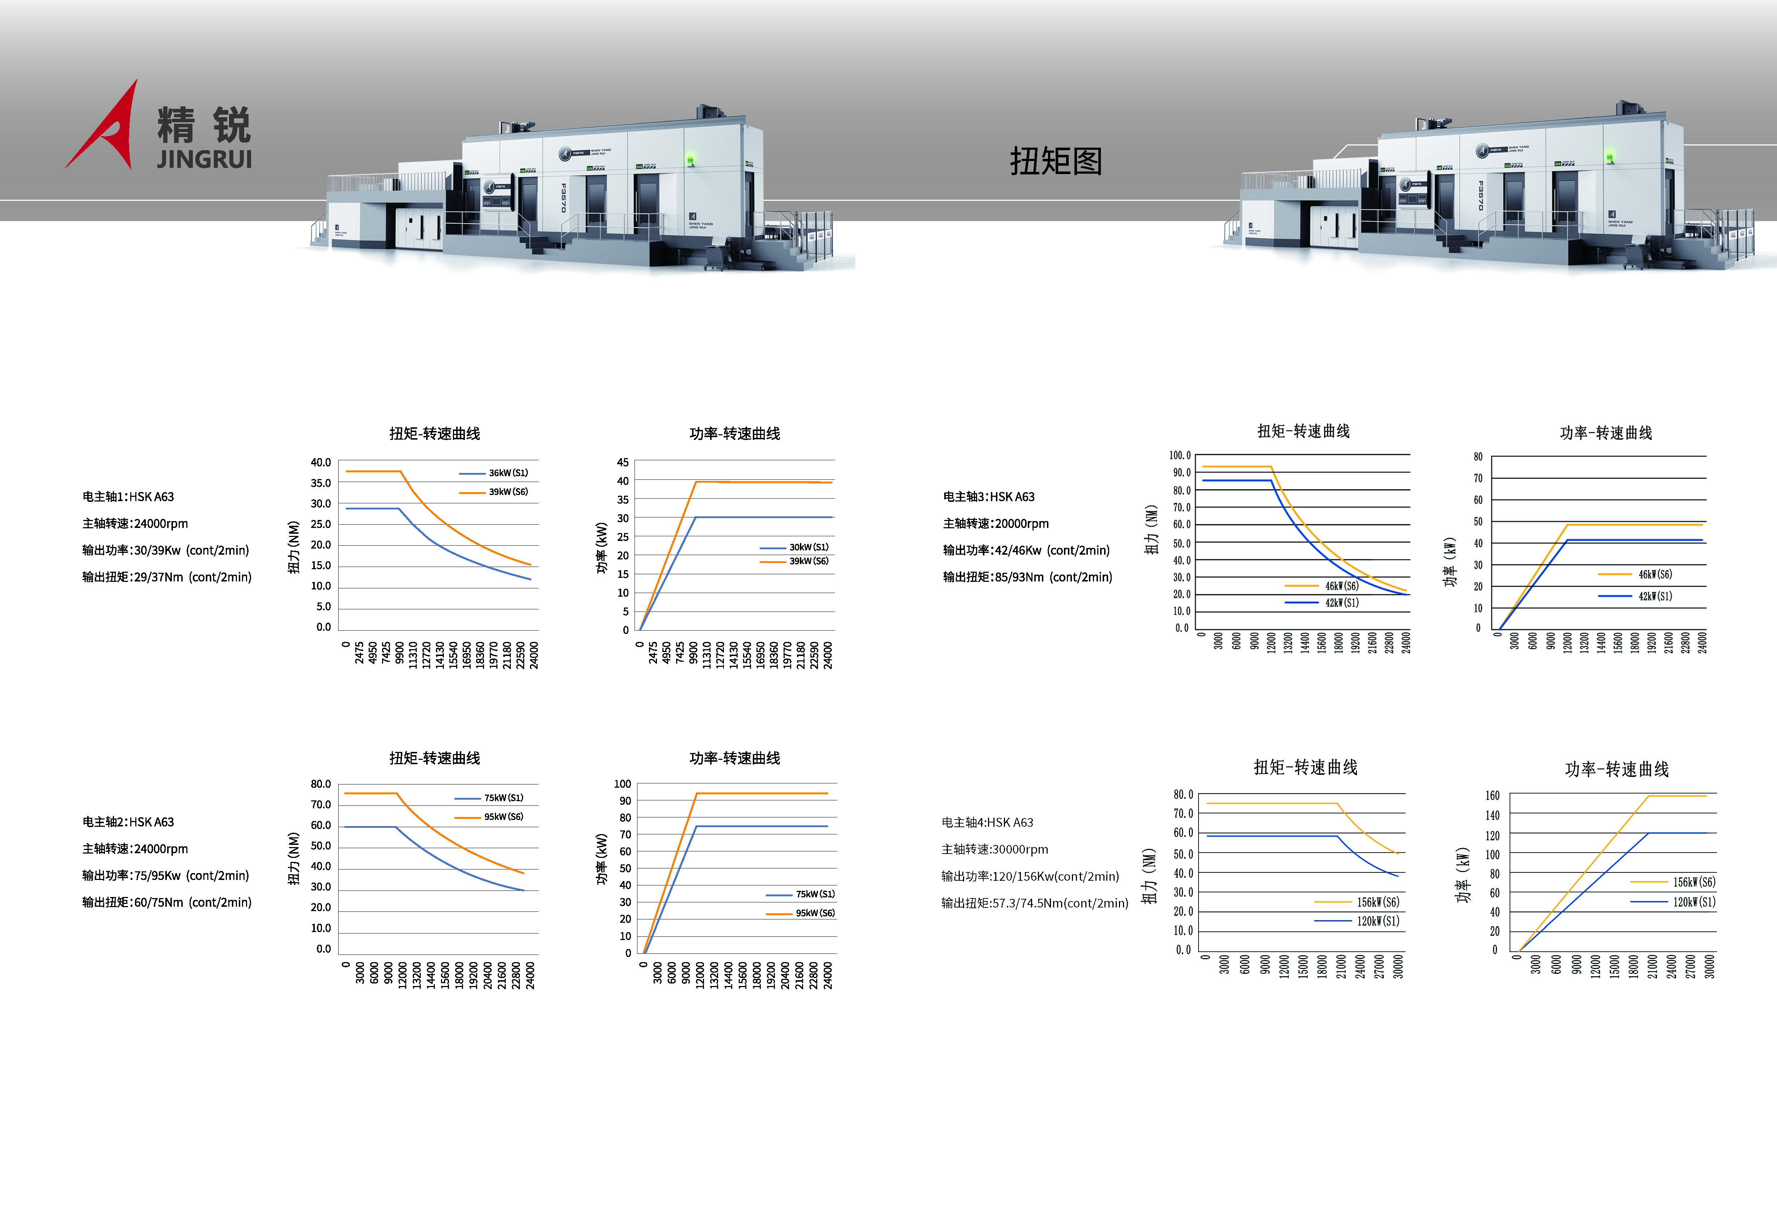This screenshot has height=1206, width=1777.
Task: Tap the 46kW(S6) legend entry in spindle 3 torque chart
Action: tap(1321, 586)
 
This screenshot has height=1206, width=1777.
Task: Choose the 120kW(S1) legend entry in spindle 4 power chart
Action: tap(1673, 902)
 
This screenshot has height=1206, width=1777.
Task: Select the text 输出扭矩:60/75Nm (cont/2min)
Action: tap(167, 902)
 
